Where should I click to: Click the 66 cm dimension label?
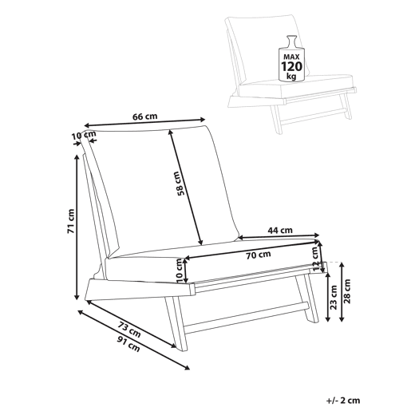pos(145,117)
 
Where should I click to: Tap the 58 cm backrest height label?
pos(181,184)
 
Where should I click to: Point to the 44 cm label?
pos(280,230)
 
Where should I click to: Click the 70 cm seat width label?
pos(259,255)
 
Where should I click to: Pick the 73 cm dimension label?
pos(129,329)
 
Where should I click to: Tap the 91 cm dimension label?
pos(128,344)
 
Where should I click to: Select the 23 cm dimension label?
pos(334,297)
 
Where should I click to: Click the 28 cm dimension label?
pos(347,291)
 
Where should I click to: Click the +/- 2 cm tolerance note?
pos(343,401)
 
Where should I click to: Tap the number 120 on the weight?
pos(291,66)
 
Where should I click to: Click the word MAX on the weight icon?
pos(291,57)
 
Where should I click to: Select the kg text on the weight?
pos(291,77)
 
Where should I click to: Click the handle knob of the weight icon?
pos(291,38)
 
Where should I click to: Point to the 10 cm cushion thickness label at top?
pos(84,136)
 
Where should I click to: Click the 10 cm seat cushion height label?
pos(180,271)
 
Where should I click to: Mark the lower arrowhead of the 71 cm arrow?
pos(77,297)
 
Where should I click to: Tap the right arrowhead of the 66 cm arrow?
pos(203,120)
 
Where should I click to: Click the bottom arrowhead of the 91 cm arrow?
pos(187,367)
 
